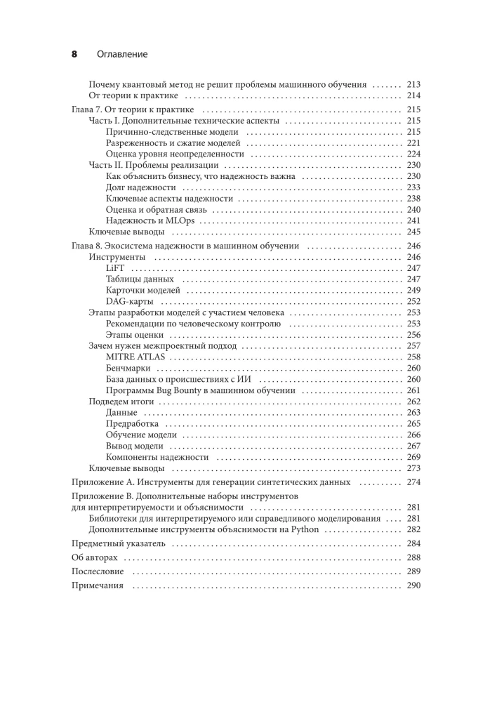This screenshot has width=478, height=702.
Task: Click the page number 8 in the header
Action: (x=75, y=54)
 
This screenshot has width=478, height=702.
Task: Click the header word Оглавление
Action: (x=118, y=54)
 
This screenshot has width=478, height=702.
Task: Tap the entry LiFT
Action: (x=114, y=268)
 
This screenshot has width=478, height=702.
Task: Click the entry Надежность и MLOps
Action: (x=150, y=220)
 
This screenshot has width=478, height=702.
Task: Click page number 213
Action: (x=413, y=84)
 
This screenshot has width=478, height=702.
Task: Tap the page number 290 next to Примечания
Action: (x=413, y=586)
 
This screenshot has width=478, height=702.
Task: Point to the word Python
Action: (x=291, y=529)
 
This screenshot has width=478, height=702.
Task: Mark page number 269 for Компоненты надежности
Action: (x=413, y=457)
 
